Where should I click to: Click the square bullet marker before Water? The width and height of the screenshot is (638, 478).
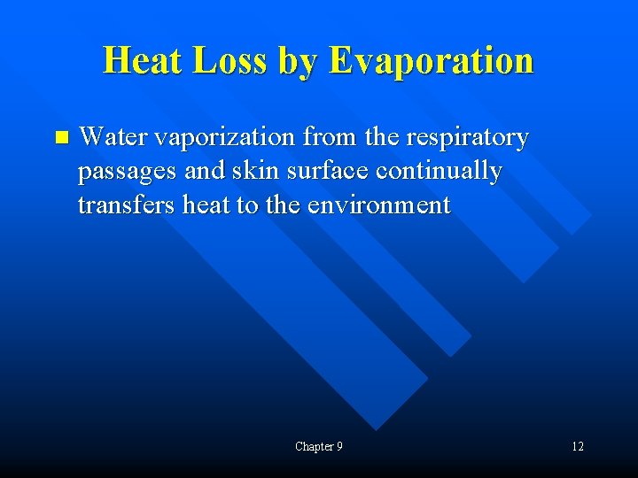pyautogui.click(x=60, y=137)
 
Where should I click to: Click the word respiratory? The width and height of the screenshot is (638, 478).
pyautogui.click(x=466, y=138)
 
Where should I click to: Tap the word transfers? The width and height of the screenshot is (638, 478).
pyautogui.click(x=127, y=204)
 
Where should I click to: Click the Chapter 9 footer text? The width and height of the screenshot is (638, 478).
pyautogui.click(x=319, y=446)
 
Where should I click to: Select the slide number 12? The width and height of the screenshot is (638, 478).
pyautogui.click(x=577, y=446)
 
